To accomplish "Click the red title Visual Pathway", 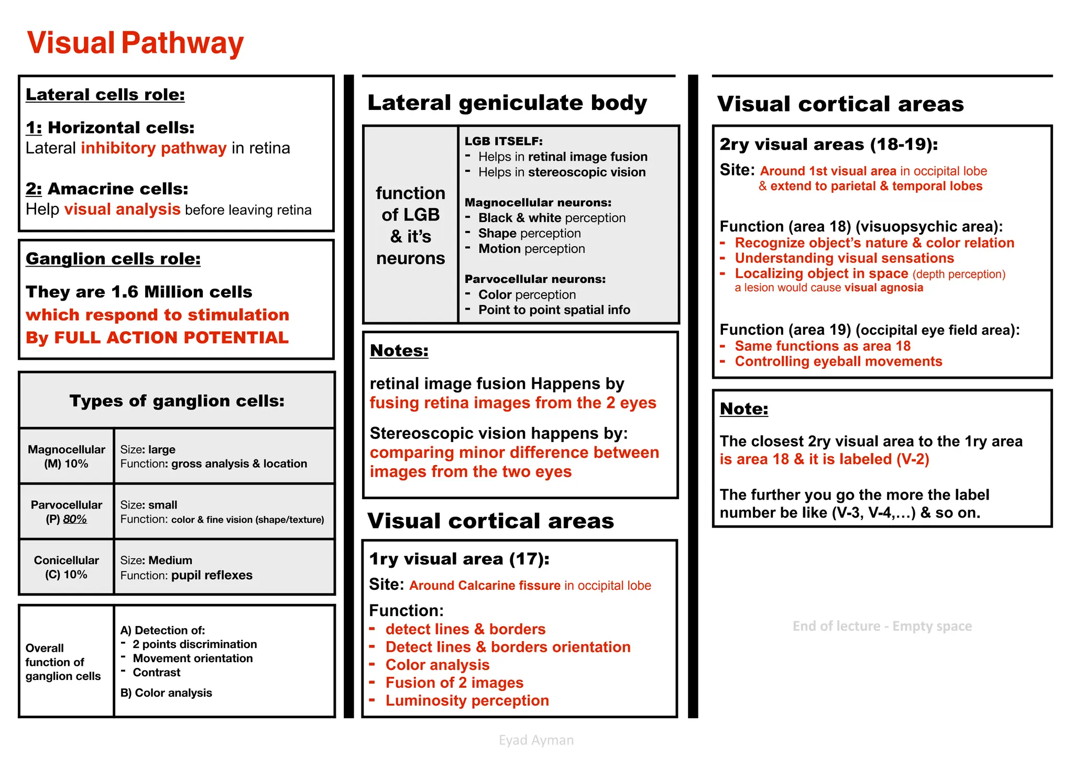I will point(135,43).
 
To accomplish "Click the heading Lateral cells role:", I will point(105,95).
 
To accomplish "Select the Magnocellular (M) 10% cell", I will point(67,456).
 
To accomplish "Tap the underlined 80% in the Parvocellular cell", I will point(75,519).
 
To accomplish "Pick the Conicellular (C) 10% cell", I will point(67,567).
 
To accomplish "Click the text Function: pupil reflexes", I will point(186,575).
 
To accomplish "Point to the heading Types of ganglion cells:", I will point(177,401).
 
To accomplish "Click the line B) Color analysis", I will point(166,693).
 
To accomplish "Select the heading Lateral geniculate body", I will point(507,103).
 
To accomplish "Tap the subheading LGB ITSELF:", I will point(503,141).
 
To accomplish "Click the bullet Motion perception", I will point(531,249).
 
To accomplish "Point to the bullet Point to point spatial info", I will point(554,310).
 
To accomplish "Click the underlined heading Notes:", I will point(399,350).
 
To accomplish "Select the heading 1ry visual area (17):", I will point(459,559).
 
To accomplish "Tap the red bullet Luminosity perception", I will point(467,700).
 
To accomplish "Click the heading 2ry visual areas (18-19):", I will point(828,144).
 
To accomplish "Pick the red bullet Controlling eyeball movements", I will point(838,361).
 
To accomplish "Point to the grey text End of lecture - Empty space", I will point(882,626).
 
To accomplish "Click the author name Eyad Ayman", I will point(536,740).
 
